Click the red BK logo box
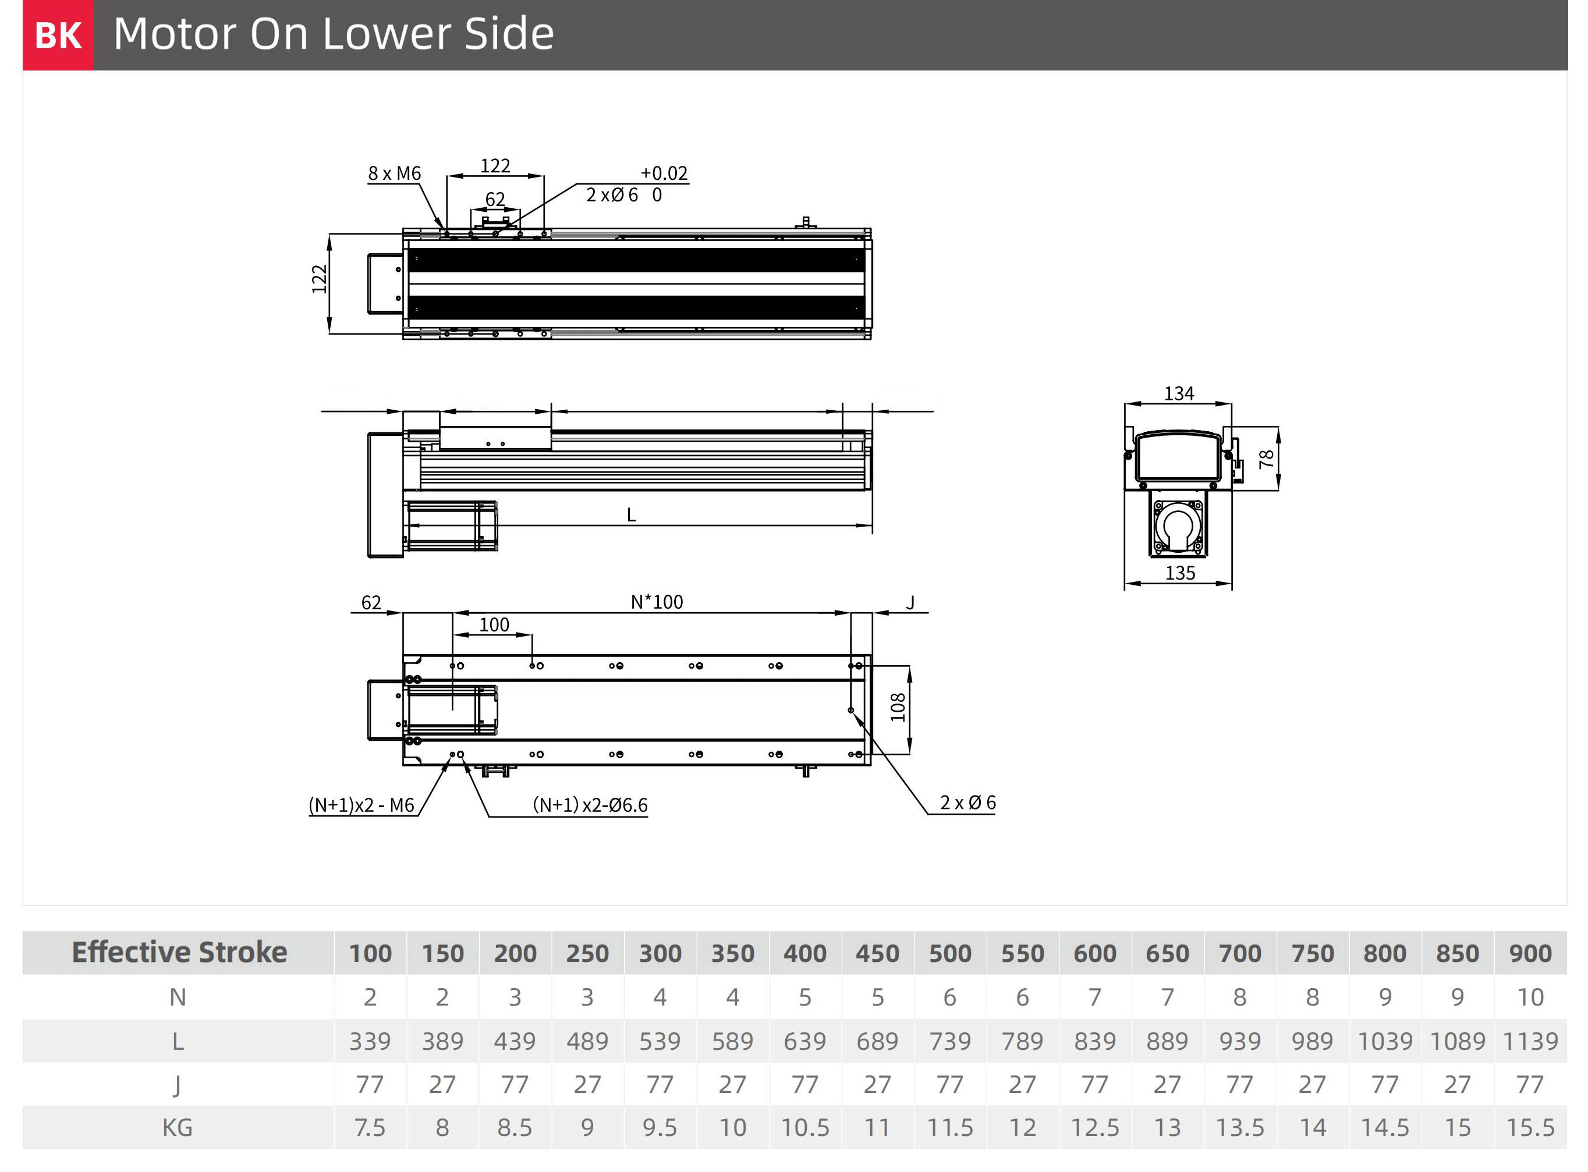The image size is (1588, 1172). [58, 35]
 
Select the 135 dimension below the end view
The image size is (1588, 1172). [1179, 573]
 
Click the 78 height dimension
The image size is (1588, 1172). [1266, 459]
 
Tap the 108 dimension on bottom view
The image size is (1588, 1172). [898, 707]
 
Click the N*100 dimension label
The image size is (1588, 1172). [657, 602]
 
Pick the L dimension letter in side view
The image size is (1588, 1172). [631, 515]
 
